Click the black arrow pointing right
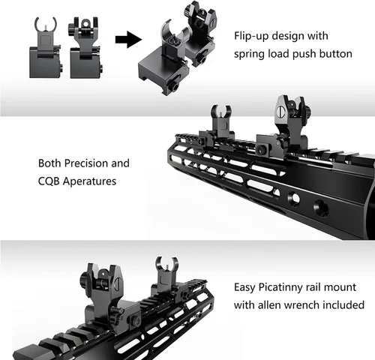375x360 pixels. [128, 40]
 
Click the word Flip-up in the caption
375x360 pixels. [250, 36]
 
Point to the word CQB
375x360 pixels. [49, 181]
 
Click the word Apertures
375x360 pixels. [89, 181]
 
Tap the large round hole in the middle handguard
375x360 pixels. [321, 207]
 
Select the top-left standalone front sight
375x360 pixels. [46, 47]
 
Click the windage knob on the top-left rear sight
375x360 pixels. [71, 31]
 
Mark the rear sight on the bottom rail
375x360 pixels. [107, 295]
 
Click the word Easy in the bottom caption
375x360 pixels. [244, 288]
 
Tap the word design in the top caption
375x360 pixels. [287, 37]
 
